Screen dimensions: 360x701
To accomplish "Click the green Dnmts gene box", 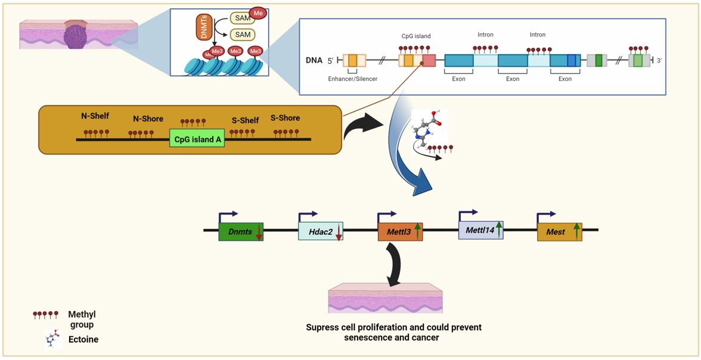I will click(x=240, y=232).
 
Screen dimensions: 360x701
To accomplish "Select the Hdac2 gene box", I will click(x=320, y=232).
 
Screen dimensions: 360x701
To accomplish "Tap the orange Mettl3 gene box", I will click(x=400, y=232).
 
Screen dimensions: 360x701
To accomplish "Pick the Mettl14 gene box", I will click(x=480, y=229).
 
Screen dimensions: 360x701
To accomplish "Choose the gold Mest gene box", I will click(x=559, y=232).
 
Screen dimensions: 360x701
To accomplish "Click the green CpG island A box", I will click(x=197, y=139).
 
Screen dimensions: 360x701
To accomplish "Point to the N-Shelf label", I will click(x=95, y=116).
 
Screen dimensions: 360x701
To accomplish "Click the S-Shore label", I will click(x=285, y=118).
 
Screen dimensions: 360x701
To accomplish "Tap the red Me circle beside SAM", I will click(x=259, y=13).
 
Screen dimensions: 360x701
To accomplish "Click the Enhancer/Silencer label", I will click(x=353, y=79).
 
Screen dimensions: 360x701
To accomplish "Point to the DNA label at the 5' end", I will click(x=314, y=60).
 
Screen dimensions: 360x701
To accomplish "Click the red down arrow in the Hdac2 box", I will click(x=339, y=232).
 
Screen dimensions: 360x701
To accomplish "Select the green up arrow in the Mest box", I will click(x=576, y=231).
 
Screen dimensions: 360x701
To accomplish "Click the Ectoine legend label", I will click(x=83, y=340).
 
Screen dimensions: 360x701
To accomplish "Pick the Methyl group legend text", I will click(x=82, y=319).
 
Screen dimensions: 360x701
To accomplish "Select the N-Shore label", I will click(x=148, y=119).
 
